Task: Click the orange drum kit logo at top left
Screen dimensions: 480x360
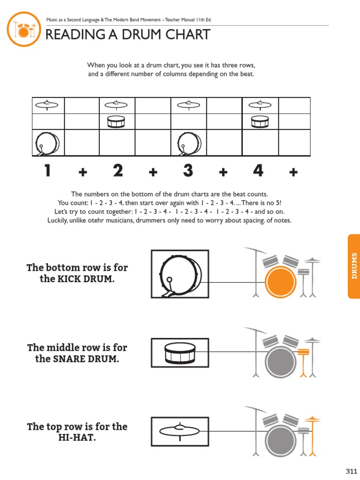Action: (23, 29)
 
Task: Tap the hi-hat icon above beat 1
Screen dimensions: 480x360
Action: (47, 105)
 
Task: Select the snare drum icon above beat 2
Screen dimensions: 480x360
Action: (117, 122)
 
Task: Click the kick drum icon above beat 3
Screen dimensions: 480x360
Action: (189, 143)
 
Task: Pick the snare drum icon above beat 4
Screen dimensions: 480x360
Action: (260, 122)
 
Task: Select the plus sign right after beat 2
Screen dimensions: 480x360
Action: (153, 173)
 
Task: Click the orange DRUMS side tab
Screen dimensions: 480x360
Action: (354, 266)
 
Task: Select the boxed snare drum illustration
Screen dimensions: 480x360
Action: (180, 353)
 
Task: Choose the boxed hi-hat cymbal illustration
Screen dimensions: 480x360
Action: (180, 431)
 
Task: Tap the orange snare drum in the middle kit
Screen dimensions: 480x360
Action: (303, 351)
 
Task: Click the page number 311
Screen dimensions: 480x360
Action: (352, 471)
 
